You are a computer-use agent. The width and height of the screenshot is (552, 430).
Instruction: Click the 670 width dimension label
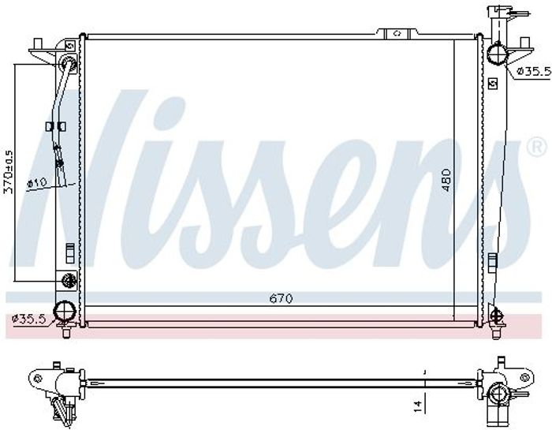[281, 299]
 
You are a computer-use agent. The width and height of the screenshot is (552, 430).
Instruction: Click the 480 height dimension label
[446, 180]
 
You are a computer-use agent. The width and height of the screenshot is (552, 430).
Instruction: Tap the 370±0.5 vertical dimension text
[9, 172]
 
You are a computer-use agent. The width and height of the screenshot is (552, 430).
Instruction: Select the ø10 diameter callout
[37, 183]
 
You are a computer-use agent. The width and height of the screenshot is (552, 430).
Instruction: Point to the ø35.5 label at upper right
[533, 72]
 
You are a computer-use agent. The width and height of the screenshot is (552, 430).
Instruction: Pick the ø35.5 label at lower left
[29, 319]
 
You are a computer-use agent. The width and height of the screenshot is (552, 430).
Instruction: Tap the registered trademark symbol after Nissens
[537, 147]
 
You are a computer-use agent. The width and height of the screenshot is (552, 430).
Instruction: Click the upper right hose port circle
[497, 54]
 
